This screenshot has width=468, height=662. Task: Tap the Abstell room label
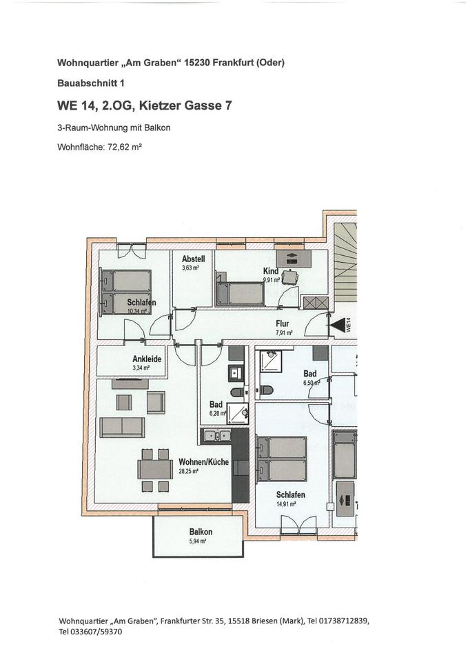(x=193, y=259)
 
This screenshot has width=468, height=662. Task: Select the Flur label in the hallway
(x=282, y=323)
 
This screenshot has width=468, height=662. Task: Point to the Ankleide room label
(x=147, y=359)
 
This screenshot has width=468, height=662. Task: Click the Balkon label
(x=201, y=532)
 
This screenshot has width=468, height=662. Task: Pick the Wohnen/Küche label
(x=203, y=461)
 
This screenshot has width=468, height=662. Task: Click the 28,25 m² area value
(x=188, y=471)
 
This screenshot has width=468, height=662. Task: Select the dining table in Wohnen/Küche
(x=154, y=469)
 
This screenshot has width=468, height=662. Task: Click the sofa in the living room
(x=122, y=427)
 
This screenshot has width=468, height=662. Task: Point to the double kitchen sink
(x=217, y=435)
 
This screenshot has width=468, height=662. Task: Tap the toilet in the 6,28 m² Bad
(x=237, y=392)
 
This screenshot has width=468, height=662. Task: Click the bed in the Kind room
(x=239, y=293)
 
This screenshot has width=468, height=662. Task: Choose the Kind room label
(x=270, y=272)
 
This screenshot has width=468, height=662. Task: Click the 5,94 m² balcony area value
(x=199, y=541)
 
